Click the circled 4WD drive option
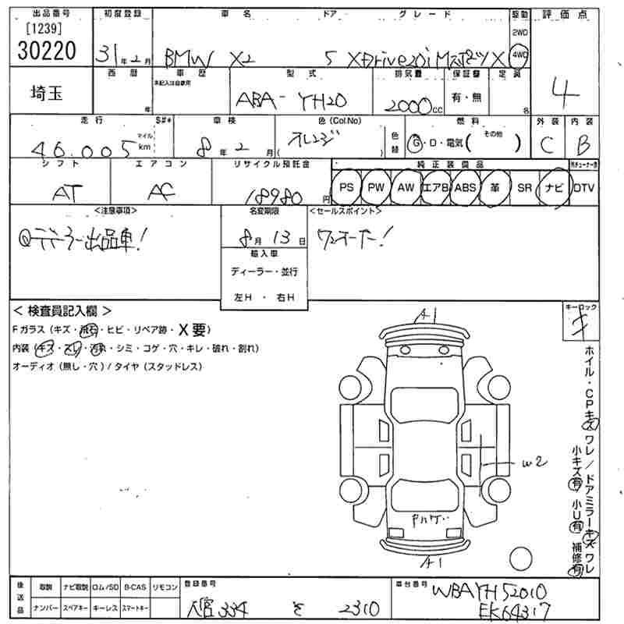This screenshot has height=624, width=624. point(519,55)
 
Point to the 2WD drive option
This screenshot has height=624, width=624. point(519,33)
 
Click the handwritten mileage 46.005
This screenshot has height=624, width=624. point(78,147)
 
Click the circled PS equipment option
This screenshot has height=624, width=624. point(346,188)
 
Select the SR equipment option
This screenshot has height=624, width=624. point(524,188)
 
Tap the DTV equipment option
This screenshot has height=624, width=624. point(583,188)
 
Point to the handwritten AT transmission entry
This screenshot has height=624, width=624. point(63,193)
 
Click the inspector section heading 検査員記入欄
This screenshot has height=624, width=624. point(62,310)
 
